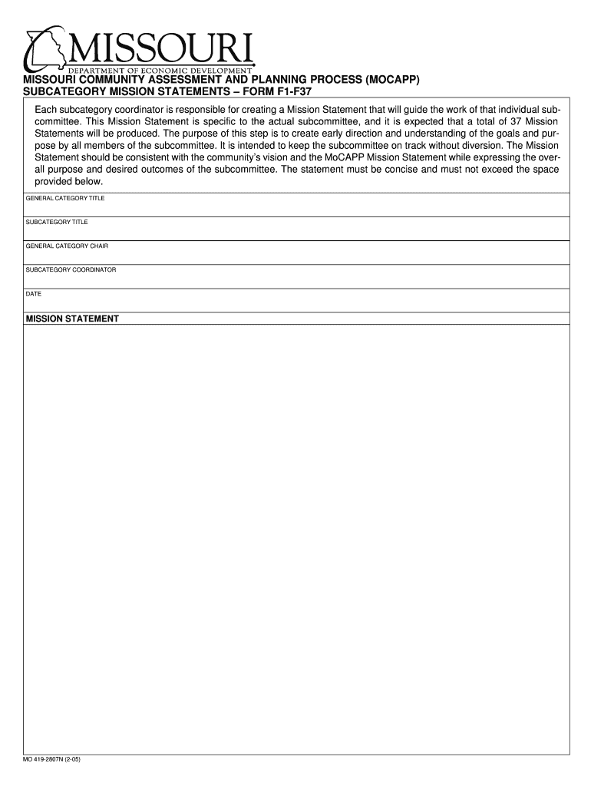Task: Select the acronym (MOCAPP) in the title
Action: tap(392, 80)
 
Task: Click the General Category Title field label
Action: tap(65, 198)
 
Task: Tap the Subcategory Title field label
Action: tap(57, 222)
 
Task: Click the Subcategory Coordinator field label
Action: tap(71, 269)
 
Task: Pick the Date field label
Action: tap(34, 293)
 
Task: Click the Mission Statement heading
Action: tap(72, 319)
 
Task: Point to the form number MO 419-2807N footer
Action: tap(52, 760)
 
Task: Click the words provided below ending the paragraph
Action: tap(68, 182)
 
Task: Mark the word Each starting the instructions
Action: tap(46, 109)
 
